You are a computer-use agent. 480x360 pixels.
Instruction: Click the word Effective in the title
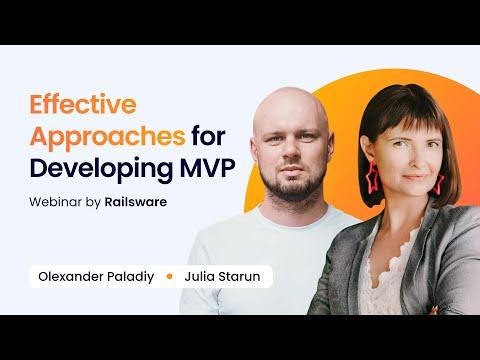(x=83, y=104)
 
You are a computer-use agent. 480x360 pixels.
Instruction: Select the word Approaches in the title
(x=107, y=137)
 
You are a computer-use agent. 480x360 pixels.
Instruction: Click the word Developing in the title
(x=101, y=169)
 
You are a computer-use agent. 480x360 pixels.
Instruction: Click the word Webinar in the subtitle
(x=55, y=202)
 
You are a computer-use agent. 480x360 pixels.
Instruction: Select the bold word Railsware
(x=136, y=202)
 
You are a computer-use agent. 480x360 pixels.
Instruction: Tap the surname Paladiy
(x=130, y=277)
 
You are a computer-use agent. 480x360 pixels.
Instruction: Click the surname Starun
(x=239, y=276)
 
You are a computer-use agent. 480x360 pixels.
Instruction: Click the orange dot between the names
(x=169, y=276)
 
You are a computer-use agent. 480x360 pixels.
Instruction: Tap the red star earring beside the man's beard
(x=372, y=178)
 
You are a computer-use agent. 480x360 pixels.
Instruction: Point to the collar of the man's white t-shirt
(x=290, y=217)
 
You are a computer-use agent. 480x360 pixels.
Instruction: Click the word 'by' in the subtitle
(x=93, y=202)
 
